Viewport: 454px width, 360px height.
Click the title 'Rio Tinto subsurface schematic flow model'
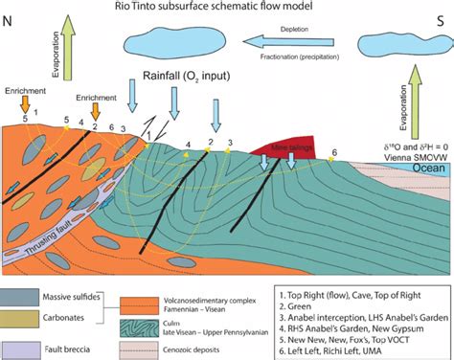(228, 11)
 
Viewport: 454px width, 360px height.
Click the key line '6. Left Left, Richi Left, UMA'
(353, 349)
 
